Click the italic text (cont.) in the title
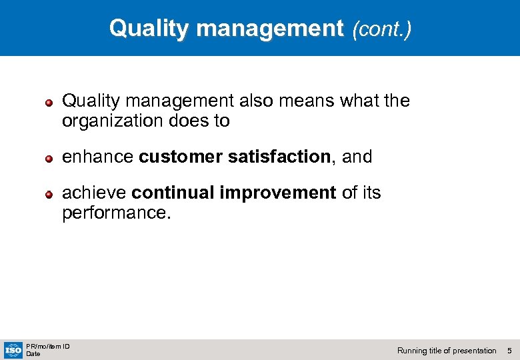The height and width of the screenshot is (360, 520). pyautogui.click(x=382, y=29)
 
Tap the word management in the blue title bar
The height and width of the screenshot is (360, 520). pyautogui.click(x=270, y=29)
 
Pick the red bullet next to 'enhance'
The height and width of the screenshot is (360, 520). pyautogui.click(x=49, y=158)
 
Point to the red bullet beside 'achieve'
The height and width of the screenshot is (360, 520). pyautogui.click(x=49, y=195)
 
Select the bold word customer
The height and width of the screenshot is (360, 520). pyautogui.click(x=181, y=157)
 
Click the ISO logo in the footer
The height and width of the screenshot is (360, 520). pyautogui.click(x=13, y=350)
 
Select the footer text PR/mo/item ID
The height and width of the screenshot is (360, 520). pyautogui.click(x=48, y=346)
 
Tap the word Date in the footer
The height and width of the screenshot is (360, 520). pyautogui.click(x=33, y=354)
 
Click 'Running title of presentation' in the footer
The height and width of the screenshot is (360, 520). pyautogui.click(x=447, y=351)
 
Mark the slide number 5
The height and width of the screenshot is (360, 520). pyautogui.click(x=509, y=351)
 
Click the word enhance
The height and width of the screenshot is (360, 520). pyautogui.click(x=98, y=157)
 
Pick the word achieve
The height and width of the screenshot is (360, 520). pyautogui.click(x=95, y=193)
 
